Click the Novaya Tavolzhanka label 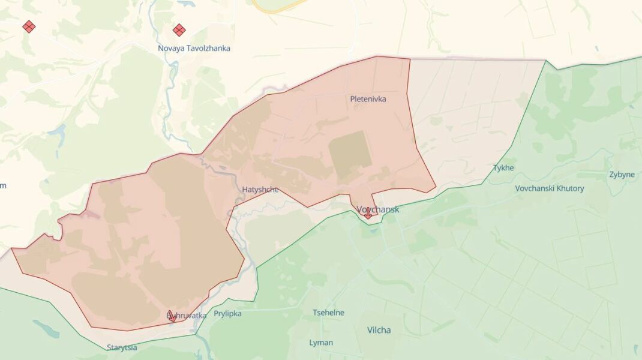click(x=194, y=48)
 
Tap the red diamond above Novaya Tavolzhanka click(x=179, y=29)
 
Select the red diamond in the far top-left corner click(x=28, y=26)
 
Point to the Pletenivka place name click(x=368, y=99)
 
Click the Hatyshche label click(x=260, y=190)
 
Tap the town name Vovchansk click(x=377, y=209)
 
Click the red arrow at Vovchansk click(x=368, y=213)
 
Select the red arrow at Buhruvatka click(x=172, y=316)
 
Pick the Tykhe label click(x=503, y=168)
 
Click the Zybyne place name click(x=622, y=175)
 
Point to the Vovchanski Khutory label click(x=549, y=188)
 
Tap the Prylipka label click(x=227, y=313)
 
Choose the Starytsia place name click(x=122, y=347)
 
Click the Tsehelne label click(x=328, y=313)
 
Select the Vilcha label click(x=379, y=330)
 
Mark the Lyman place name click(x=320, y=343)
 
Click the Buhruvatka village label click(x=187, y=316)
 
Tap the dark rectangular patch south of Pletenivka click(x=350, y=155)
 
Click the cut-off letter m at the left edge click(x=2, y=185)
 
